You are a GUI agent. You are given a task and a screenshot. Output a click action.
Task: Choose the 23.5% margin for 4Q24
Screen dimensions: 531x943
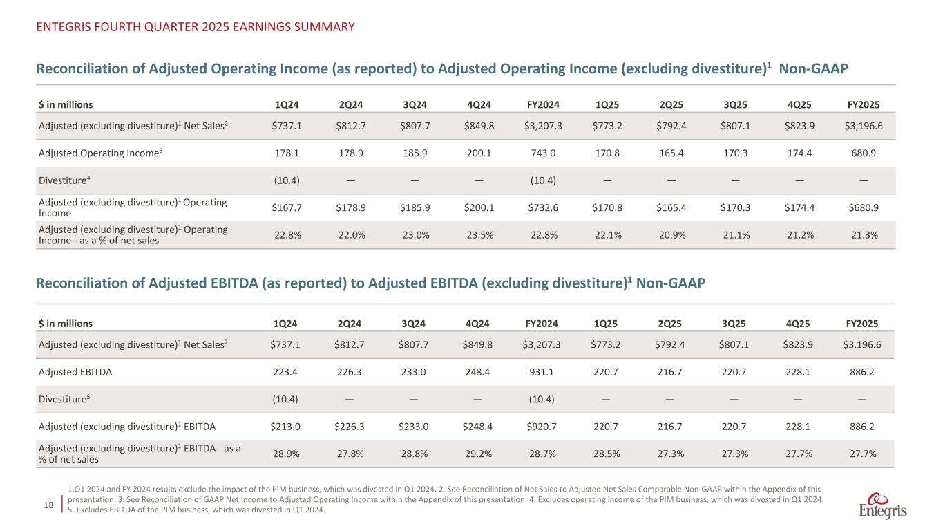click(476, 234)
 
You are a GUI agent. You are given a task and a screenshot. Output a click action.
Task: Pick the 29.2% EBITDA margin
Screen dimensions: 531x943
click(476, 454)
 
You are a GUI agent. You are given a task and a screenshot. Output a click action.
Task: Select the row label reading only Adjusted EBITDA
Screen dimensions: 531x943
click(75, 371)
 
